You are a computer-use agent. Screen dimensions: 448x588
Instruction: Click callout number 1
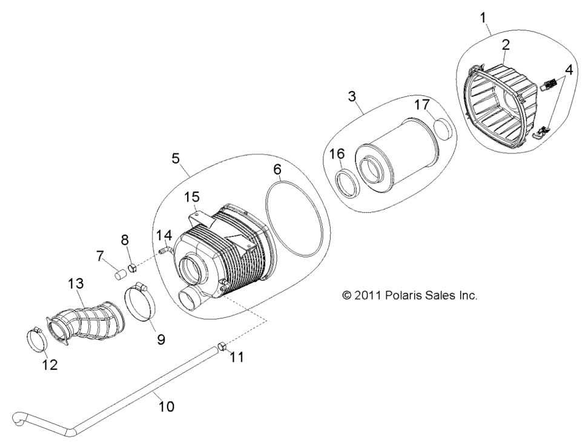tap(483, 18)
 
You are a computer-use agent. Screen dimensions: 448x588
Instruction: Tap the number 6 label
tap(277, 170)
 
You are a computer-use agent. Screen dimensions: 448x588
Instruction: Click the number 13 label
tap(76, 284)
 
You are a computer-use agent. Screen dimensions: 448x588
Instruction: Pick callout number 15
tap(191, 197)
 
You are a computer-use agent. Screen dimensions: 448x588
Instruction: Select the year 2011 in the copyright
tap(368, 296)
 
